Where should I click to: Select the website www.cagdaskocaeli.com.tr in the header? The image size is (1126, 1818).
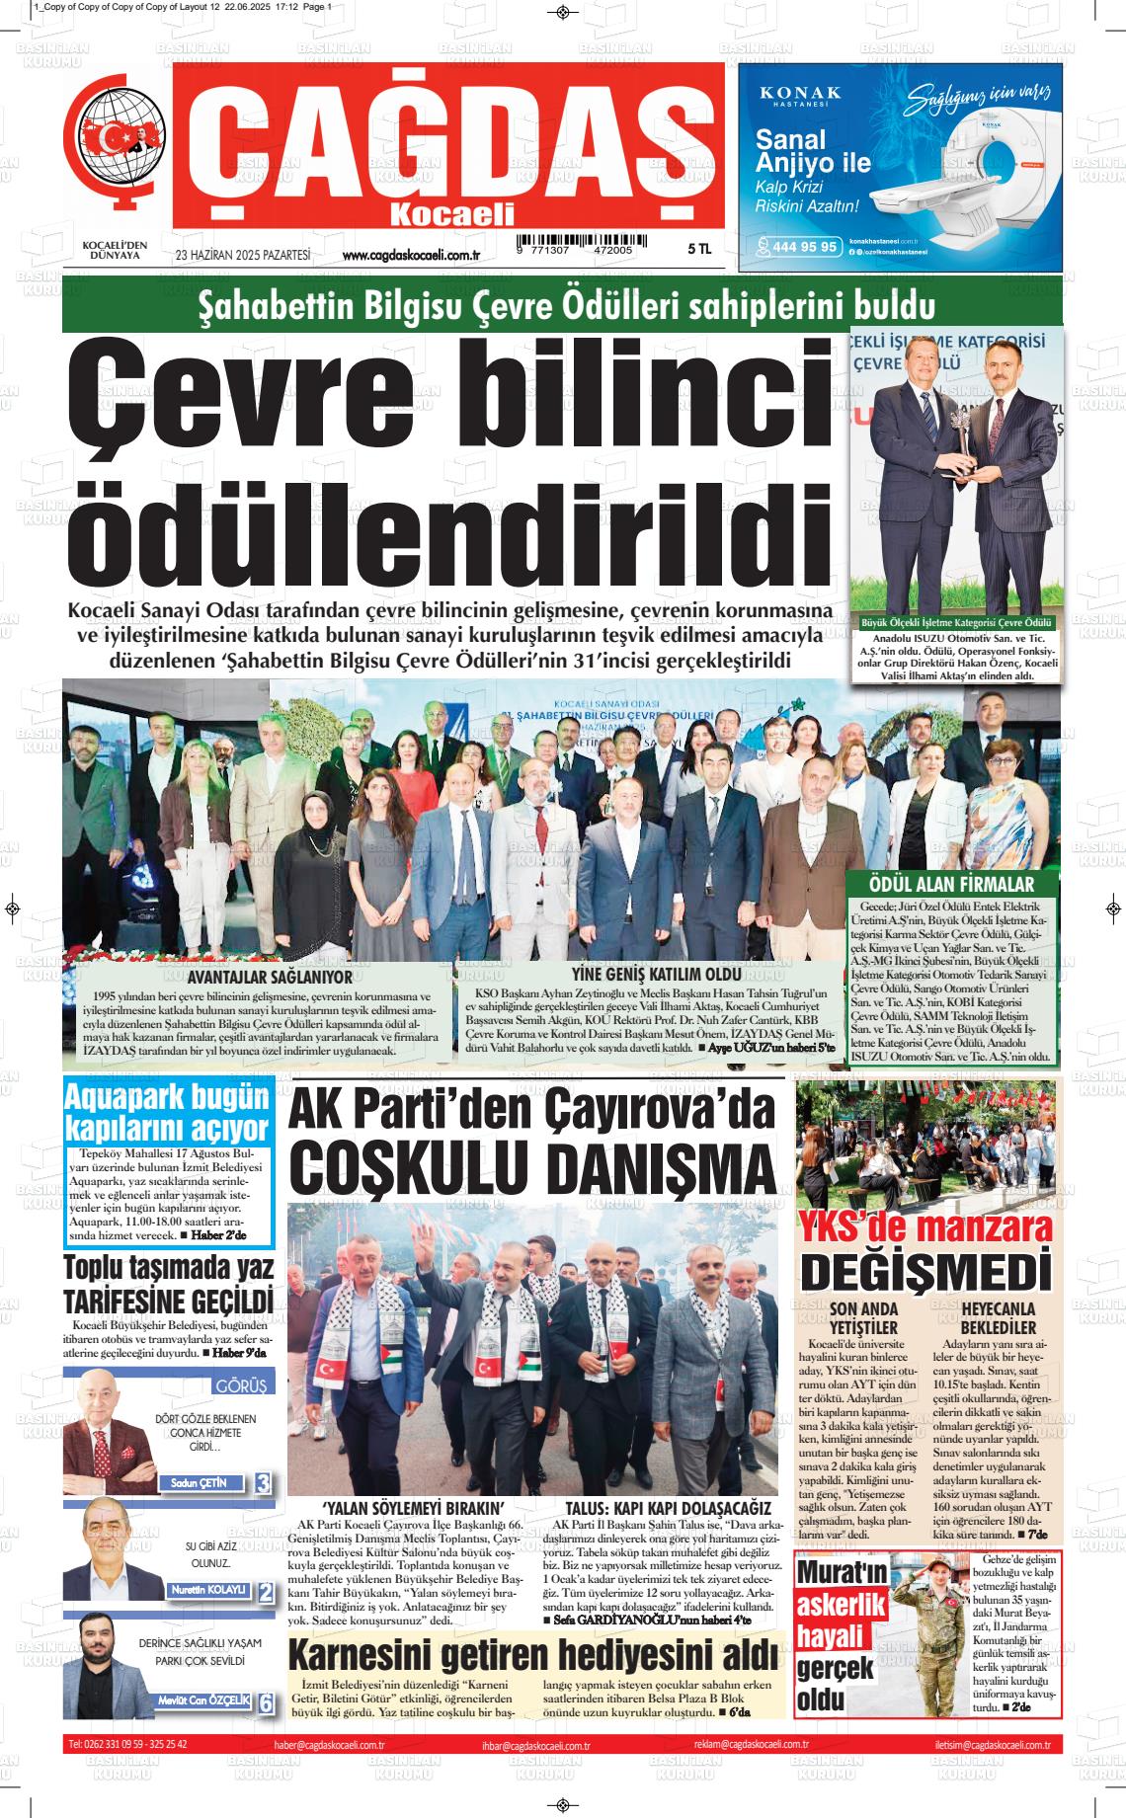point(410,256)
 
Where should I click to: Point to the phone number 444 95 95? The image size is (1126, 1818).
point(804,247)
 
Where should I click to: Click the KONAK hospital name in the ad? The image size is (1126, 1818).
point(800,93)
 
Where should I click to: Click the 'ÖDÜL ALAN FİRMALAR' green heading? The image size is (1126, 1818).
point(951,885)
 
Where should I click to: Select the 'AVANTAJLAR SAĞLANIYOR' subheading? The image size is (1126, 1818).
point(256,978)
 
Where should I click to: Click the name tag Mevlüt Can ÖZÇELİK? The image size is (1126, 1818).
point(204,1700)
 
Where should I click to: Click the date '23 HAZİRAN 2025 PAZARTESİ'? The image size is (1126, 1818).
point(242,255)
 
